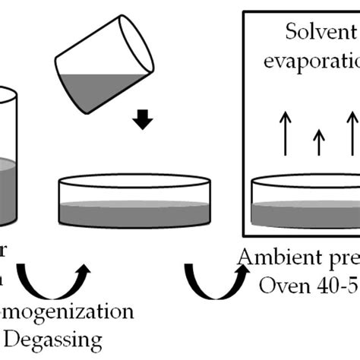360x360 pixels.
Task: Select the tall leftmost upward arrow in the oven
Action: click(283, 135)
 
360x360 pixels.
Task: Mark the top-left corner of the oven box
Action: click(243, 11)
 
